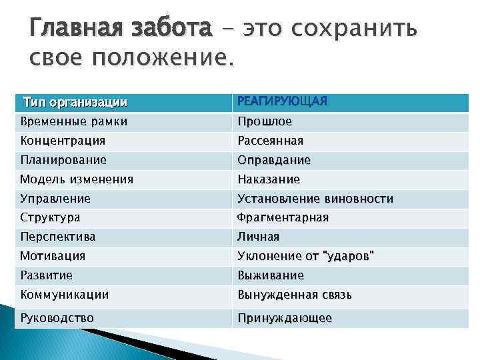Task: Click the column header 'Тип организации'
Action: click(x=75, y=103)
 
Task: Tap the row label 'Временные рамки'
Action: click(x=73, y=122)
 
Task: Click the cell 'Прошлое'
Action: click(x=265, y=122)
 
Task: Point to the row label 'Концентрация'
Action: click(x=63, y=141)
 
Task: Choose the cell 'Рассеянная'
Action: click(x=271, y=141)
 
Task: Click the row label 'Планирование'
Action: click(x=63, y=160)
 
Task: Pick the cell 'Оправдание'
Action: click(x=274, y=160)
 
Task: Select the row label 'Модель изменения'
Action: click(x=77, y=179)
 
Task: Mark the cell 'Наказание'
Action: click(x=269, y=179)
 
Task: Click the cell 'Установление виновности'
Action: click(x=315, y=199)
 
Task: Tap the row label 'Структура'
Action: click(x=50, y=217)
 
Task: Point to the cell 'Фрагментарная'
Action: click(x=283, y=217)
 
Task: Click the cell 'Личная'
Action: click(x=259, y=237)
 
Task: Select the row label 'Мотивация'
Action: click(x=53, y=256)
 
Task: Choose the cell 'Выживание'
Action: click(x=271, y=275)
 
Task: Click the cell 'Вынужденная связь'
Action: click(x=295, y=295)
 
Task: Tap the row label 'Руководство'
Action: click(x=57, y=318)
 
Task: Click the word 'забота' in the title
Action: click(x=171, y=29)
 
